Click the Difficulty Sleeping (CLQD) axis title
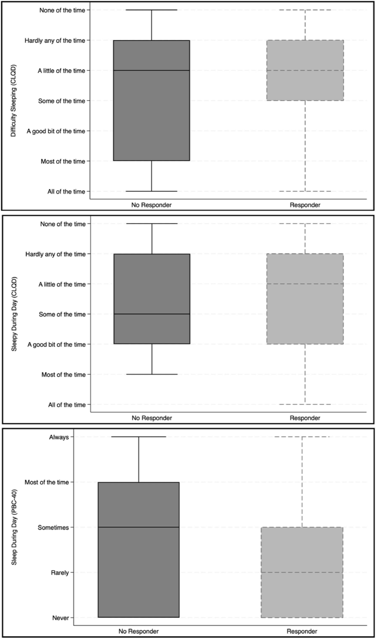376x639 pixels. tap(13, 101)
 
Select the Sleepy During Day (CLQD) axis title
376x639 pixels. tap(14, 314)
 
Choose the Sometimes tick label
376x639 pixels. tap(53, 528)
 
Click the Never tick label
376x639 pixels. tap(61, 618)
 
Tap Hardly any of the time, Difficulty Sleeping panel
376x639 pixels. tap(55, 41)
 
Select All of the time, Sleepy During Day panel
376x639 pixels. tap(67, 405)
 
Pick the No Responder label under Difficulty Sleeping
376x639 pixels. tap(151, 205)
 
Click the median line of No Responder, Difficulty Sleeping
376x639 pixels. tap(152, 70)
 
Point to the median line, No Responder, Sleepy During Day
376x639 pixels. tap(152, 314)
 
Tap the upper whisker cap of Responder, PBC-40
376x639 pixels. tap(302, 437)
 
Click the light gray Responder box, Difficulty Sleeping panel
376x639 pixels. tap(305, 70)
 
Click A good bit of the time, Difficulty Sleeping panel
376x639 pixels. tap(56, 131)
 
